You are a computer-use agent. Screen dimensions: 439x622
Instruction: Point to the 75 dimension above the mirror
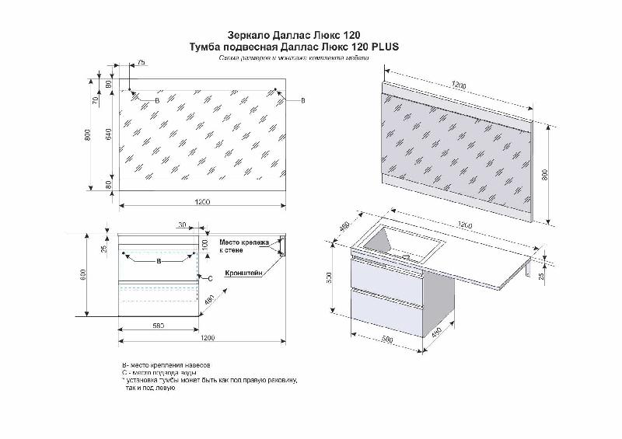141,61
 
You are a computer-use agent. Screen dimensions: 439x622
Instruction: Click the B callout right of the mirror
303,101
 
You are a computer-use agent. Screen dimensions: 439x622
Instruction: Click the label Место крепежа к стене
243,246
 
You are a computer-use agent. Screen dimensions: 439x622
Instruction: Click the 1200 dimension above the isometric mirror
463,85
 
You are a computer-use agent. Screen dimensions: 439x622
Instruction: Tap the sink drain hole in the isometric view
407,255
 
